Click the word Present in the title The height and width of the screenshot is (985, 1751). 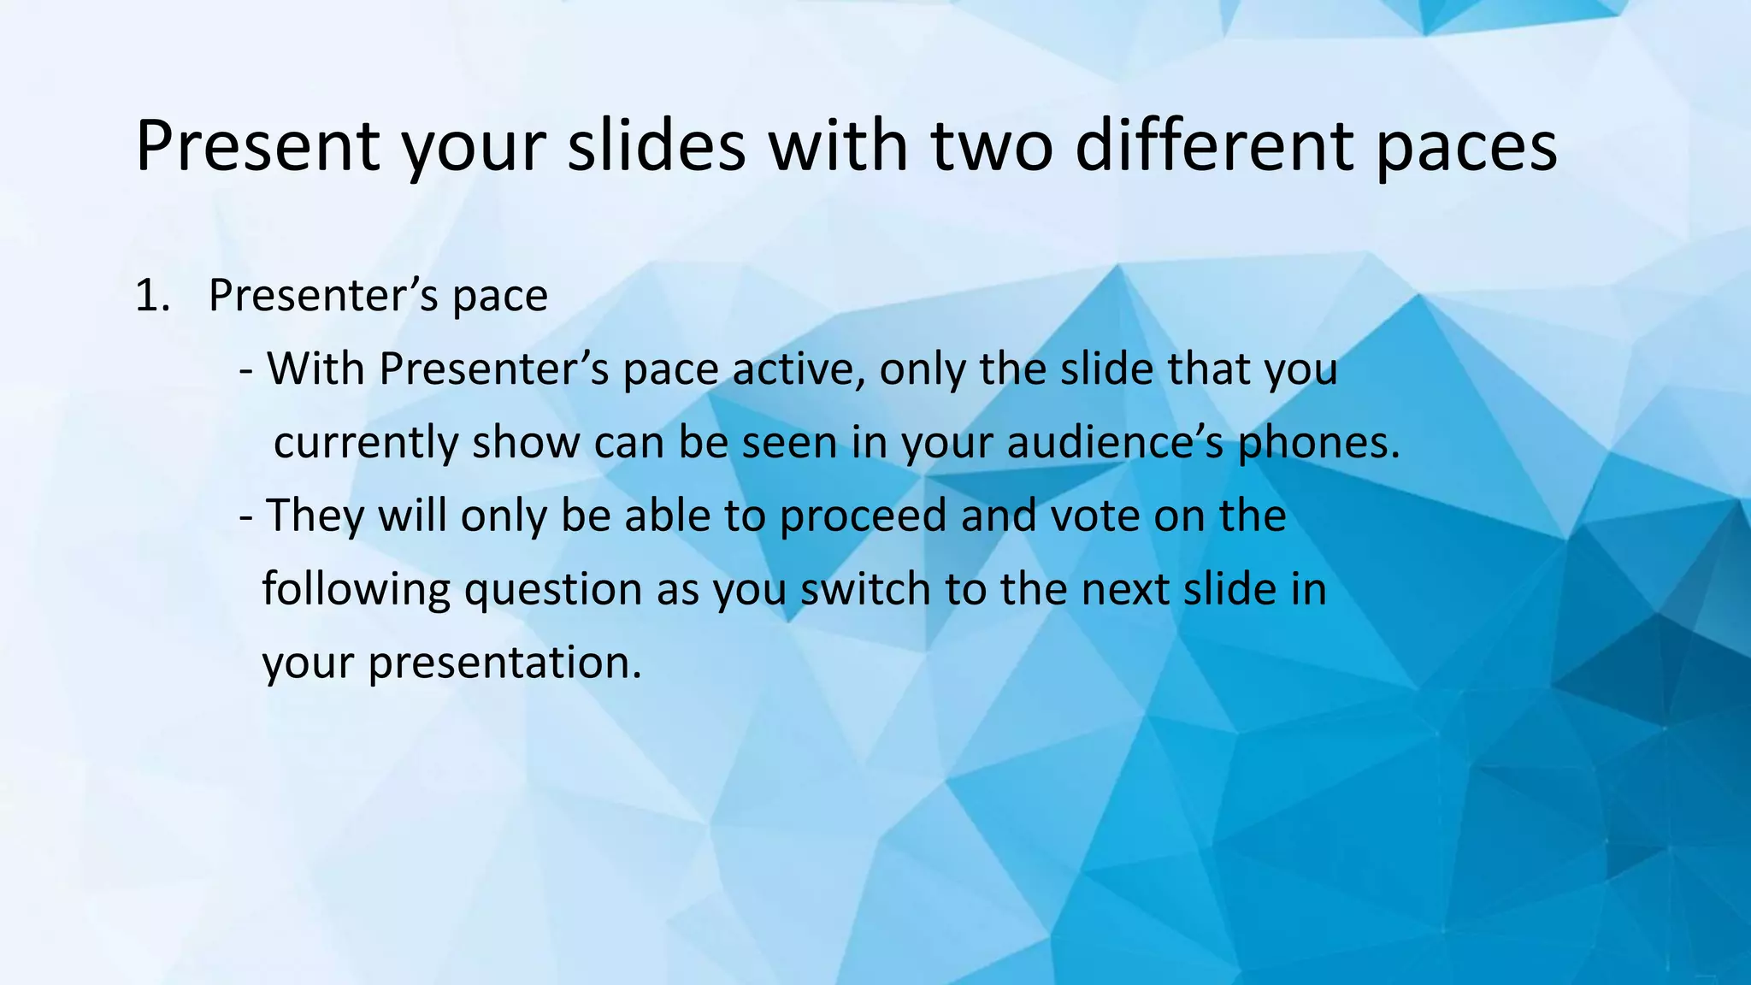point(257,147)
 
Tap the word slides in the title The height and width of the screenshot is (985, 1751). point(657,147)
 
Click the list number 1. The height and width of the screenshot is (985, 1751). point(151,297)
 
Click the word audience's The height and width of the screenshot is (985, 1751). point(1116,444)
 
